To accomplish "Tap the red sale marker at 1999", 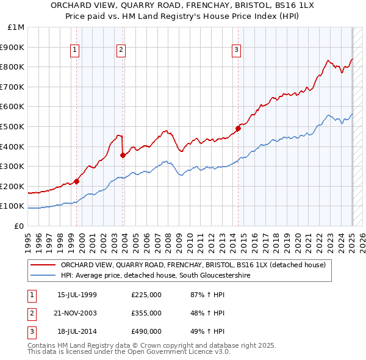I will coord(77,181).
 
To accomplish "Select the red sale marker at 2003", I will coord(123,155).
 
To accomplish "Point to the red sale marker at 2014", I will coord(238,128).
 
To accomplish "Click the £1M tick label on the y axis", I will coord(16,27).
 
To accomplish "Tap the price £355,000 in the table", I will coord(146,313).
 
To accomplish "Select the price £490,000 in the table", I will coord(146,331).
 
